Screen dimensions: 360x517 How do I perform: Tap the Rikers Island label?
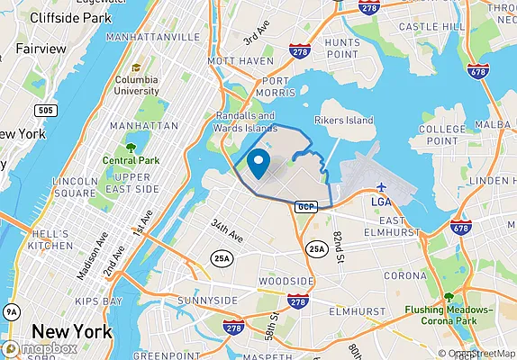[x=343, y=120]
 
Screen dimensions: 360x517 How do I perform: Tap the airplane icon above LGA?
[x=382, y=185]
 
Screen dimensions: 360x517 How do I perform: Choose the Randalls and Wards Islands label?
[x=246, y=122]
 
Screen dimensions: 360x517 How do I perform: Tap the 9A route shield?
[x=11, y=311]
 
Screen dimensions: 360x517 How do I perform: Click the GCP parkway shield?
[x=304, y=206]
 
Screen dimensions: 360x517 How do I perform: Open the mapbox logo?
[x=41, y=348]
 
